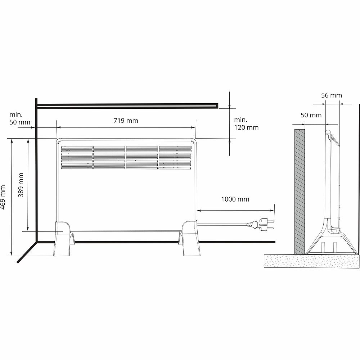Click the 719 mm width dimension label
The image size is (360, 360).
(126, 121)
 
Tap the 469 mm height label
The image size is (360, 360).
(3, 197)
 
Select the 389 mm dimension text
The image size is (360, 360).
(21, 185)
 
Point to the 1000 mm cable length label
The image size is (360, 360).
(235, 199)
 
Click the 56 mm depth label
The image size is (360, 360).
(332, 95)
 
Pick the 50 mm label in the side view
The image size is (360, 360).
(311, 115)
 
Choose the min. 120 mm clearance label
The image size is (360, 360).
(246, 123)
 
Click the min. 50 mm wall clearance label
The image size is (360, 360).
(20, 118)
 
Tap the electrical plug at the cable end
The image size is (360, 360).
(260, 224)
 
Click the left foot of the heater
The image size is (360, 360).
(62, 238)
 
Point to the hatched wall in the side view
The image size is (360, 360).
(300, 192)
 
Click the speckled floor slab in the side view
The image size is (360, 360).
(311, 261)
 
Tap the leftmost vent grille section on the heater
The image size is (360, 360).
(77, 158)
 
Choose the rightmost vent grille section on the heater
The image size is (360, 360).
(175, 158)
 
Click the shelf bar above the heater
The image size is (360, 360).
(127, 105)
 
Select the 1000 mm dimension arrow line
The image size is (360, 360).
(235, 210)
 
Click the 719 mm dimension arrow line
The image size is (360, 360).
(126, 127)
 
